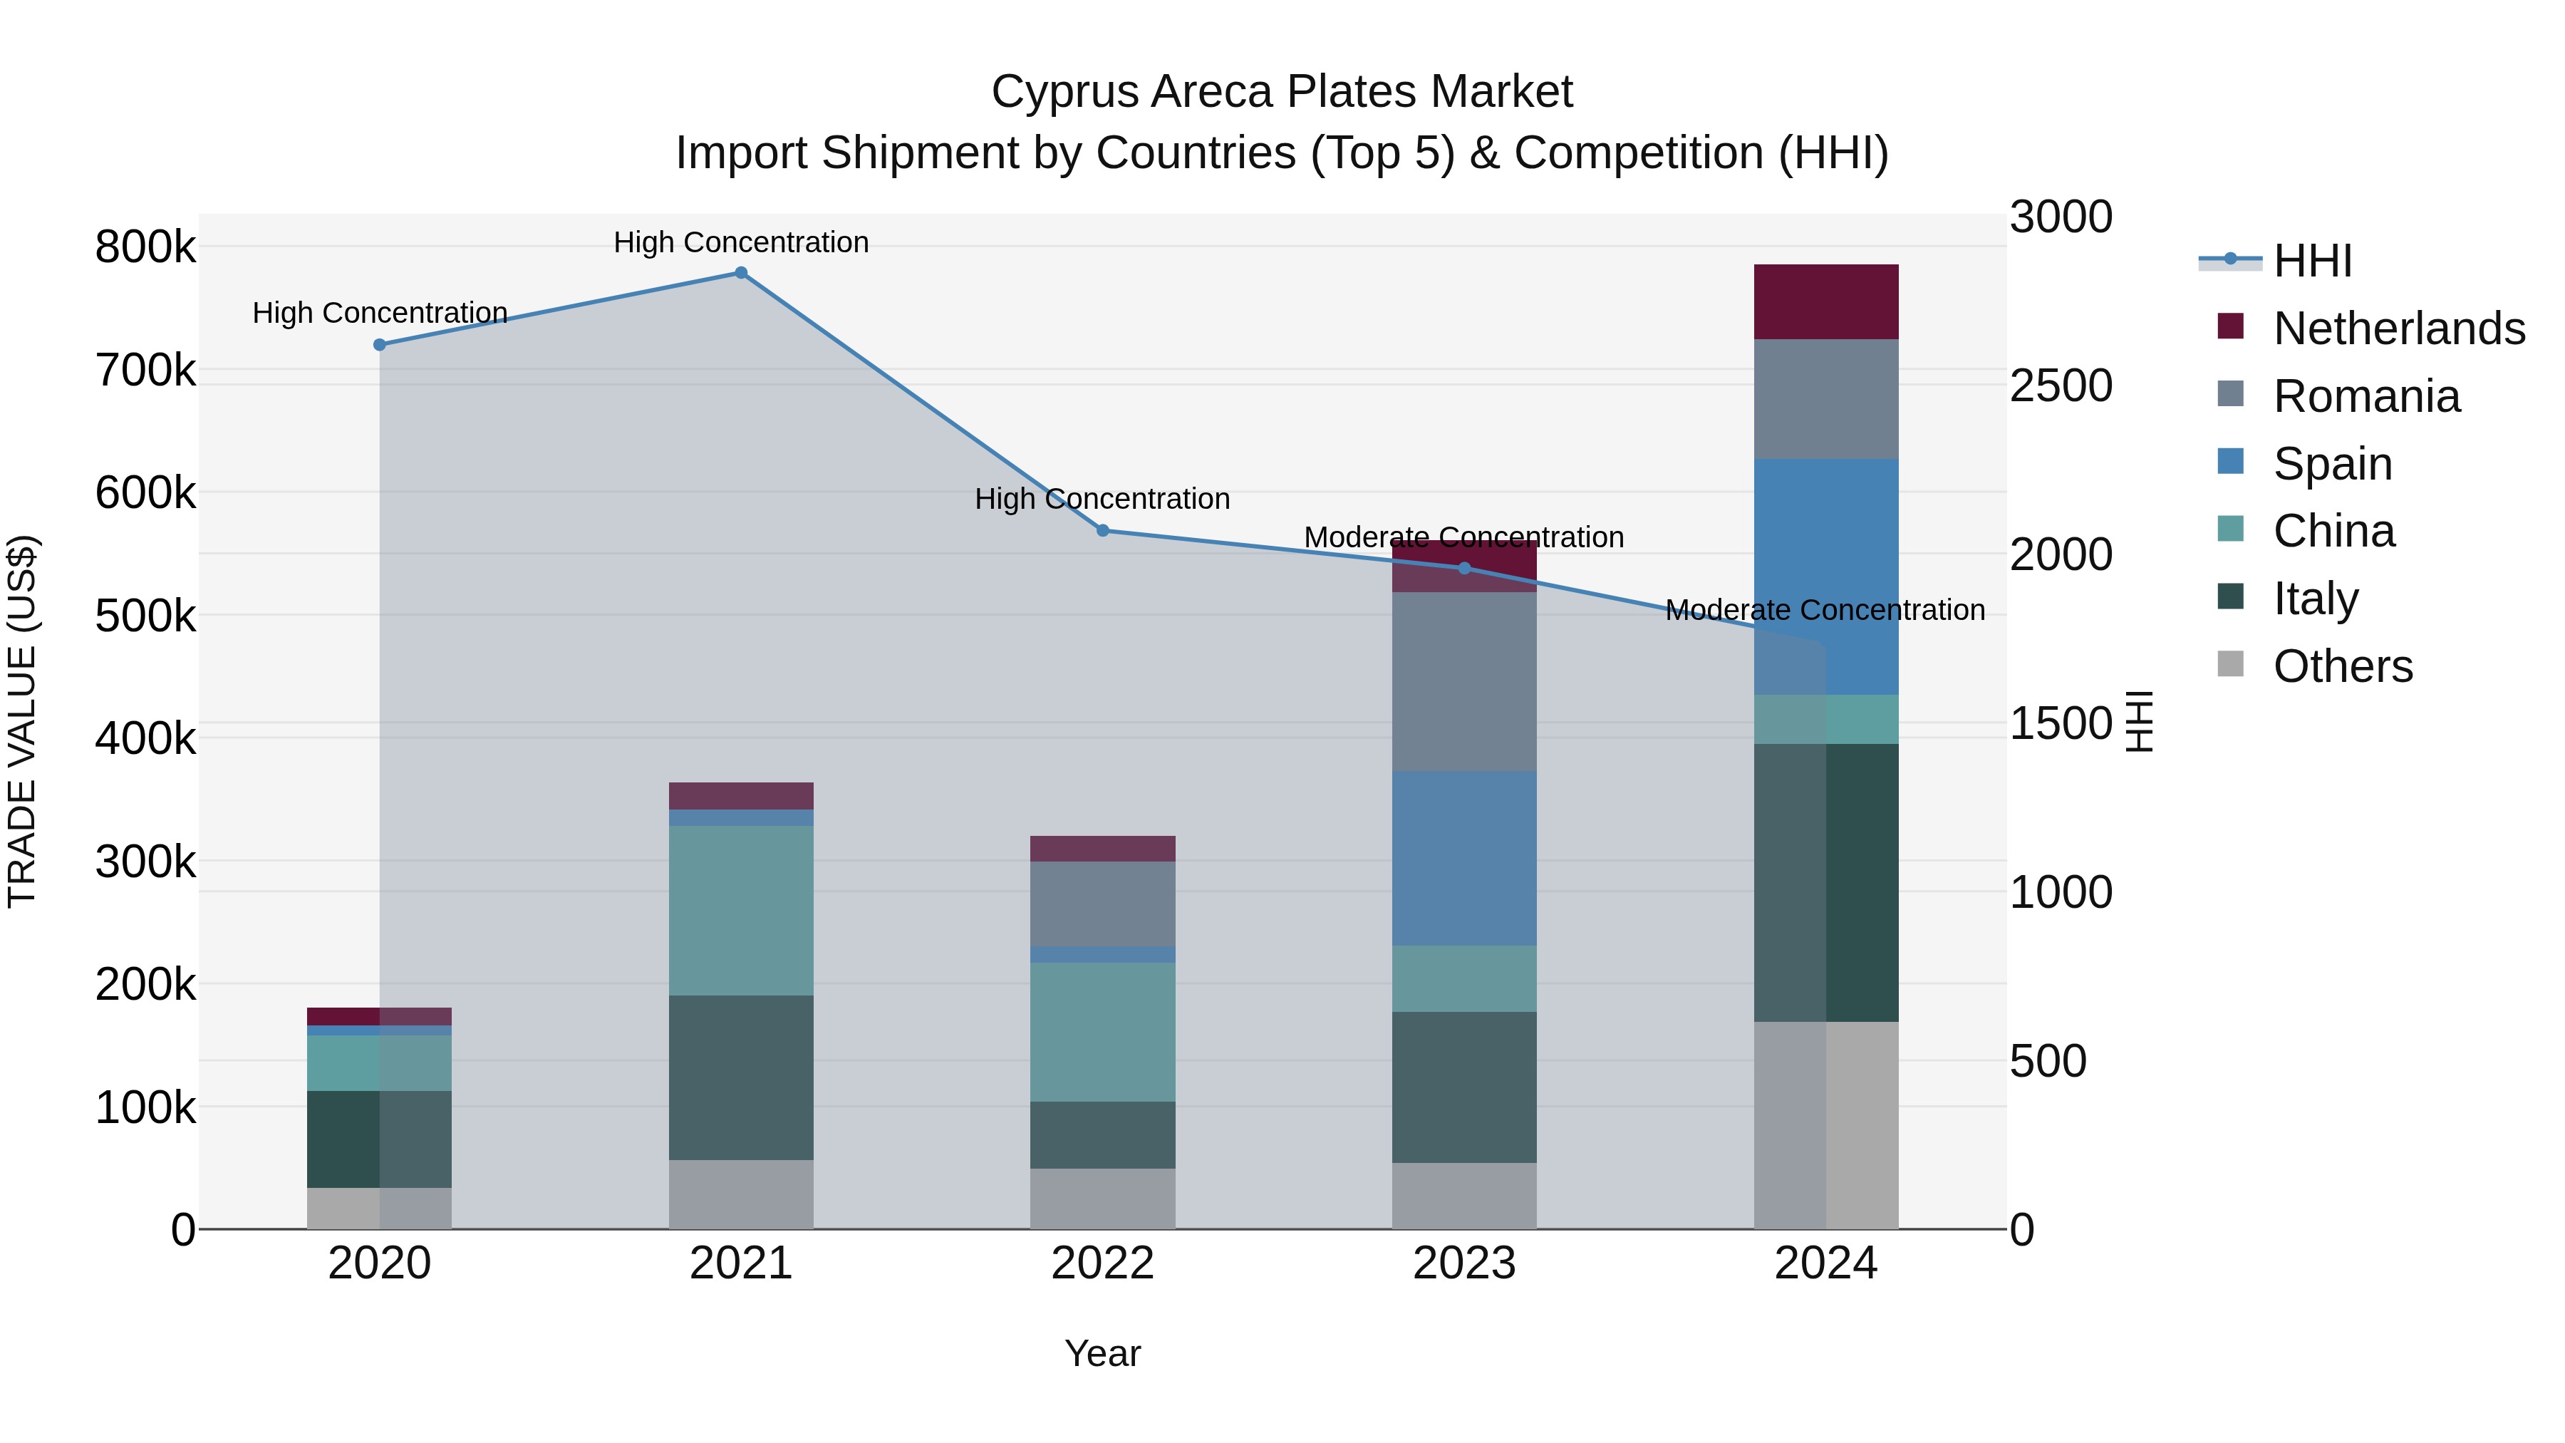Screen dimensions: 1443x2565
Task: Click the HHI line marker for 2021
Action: [x=741, y=273]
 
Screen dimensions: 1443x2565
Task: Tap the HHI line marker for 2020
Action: [x=379, y=345]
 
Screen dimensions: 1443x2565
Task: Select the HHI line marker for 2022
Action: [x=1102, y=531]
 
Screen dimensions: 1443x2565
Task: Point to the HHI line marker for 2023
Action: [x=1463, y=569]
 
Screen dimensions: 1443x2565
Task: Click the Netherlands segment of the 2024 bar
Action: [x=1825, y=301]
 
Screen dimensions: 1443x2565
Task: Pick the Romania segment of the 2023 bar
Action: [x=1463, y=681]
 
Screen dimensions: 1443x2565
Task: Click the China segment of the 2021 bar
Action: [x=741, y=910]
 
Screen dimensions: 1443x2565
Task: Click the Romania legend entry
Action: [x=2365, y=396]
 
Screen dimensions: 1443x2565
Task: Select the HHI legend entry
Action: [x=2312, y=261]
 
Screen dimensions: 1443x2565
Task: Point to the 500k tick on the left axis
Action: [x=145, y=616]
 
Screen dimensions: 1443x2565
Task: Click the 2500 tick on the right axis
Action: [x=2060, y=386]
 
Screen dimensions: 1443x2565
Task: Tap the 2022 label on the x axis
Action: [x=1102, y=1263]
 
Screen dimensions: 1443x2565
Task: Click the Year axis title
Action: [x=1102, y=1353]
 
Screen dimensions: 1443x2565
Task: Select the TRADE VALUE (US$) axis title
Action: [x=22, y=721]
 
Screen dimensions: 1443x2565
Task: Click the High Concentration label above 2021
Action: [x=741, y=242]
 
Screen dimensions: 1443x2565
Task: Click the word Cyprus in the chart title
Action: [x=1064, y=92]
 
